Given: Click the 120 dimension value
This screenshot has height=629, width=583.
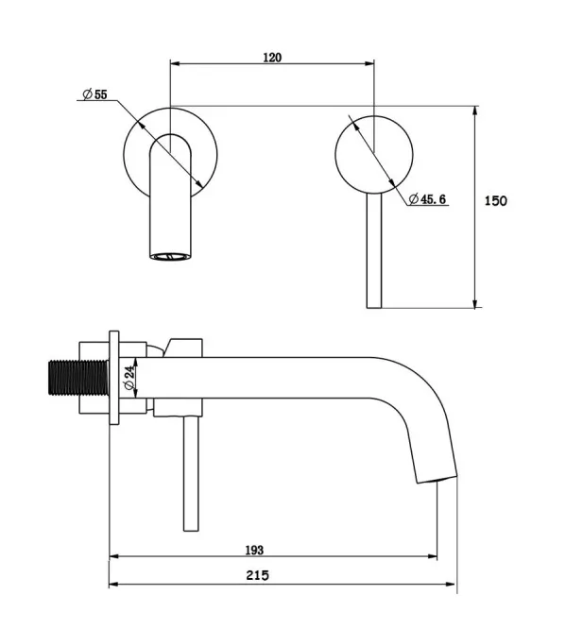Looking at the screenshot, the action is pos(272,58).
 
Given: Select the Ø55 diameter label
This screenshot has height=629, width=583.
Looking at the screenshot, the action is pos(95,94).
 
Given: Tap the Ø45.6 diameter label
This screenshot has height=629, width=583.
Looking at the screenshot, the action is pos(427,199).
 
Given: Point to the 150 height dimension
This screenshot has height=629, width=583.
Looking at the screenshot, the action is pos(495,200).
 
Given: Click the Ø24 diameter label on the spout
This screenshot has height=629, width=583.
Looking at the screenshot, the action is pos(129,378).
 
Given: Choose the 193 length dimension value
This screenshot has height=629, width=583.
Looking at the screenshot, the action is pos(254,550).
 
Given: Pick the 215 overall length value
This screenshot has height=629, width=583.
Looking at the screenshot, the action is pos(257,575).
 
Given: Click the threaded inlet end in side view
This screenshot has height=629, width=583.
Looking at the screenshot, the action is pos(78,378).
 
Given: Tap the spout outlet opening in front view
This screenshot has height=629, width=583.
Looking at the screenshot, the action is pos(170,256).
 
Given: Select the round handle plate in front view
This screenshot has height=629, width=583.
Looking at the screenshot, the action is pos(374,155).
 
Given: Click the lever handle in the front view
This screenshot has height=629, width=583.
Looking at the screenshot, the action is pos(374,251).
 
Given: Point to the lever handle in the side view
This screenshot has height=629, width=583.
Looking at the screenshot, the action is pos(191,474).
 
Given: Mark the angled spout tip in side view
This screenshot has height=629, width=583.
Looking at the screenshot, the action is pos(436,479).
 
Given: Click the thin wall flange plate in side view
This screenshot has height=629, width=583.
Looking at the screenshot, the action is pos(114,378).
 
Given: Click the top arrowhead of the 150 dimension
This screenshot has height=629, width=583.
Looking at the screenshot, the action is pos(475,112).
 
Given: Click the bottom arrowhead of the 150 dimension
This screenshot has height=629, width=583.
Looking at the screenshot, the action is pos(475,302).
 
